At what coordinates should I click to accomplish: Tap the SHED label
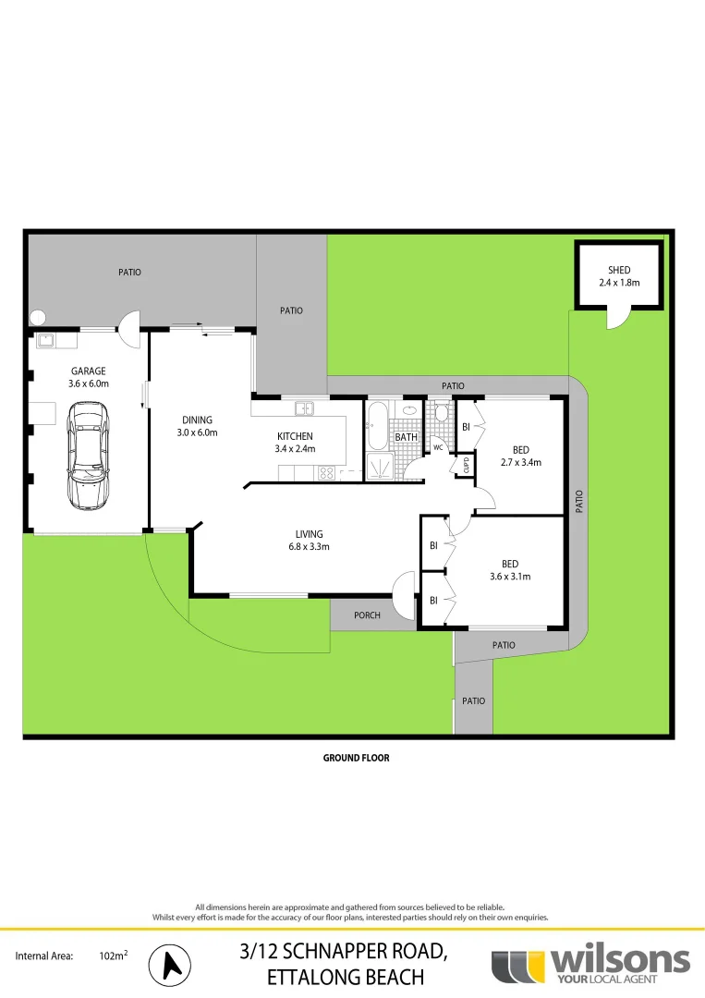(x=618, y=271)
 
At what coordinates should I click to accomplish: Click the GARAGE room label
(x=88, y=371)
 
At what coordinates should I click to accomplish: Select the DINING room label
(x=197, y=420)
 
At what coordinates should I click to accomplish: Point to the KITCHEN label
(x=295, y=436)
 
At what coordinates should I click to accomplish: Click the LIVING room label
(x=309, y=534)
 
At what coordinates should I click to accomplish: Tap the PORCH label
(x=368, y=615)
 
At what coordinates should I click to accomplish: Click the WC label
(x=440, y=447)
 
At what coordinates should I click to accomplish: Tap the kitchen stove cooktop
(x=326, y=473)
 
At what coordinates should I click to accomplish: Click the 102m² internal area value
(x=113, y=957)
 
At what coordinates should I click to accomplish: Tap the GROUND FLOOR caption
(x=356, y=758)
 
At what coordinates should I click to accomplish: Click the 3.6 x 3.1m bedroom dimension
(x=510, y=577)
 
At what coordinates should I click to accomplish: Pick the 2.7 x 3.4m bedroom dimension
(x=520, y=462)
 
